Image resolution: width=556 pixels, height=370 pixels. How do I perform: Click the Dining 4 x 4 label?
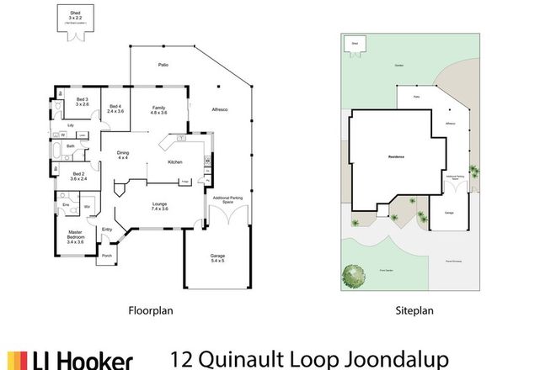coord(123,154)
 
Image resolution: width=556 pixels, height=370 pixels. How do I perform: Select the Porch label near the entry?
coord(107,256)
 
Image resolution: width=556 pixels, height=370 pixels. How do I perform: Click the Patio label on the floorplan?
coord(164,65)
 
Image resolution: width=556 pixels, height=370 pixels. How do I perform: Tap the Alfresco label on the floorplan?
coord(220,110)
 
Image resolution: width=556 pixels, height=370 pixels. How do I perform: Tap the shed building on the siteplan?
coord(355,44)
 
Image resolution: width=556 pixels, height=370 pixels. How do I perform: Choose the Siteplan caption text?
coord(414,310)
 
